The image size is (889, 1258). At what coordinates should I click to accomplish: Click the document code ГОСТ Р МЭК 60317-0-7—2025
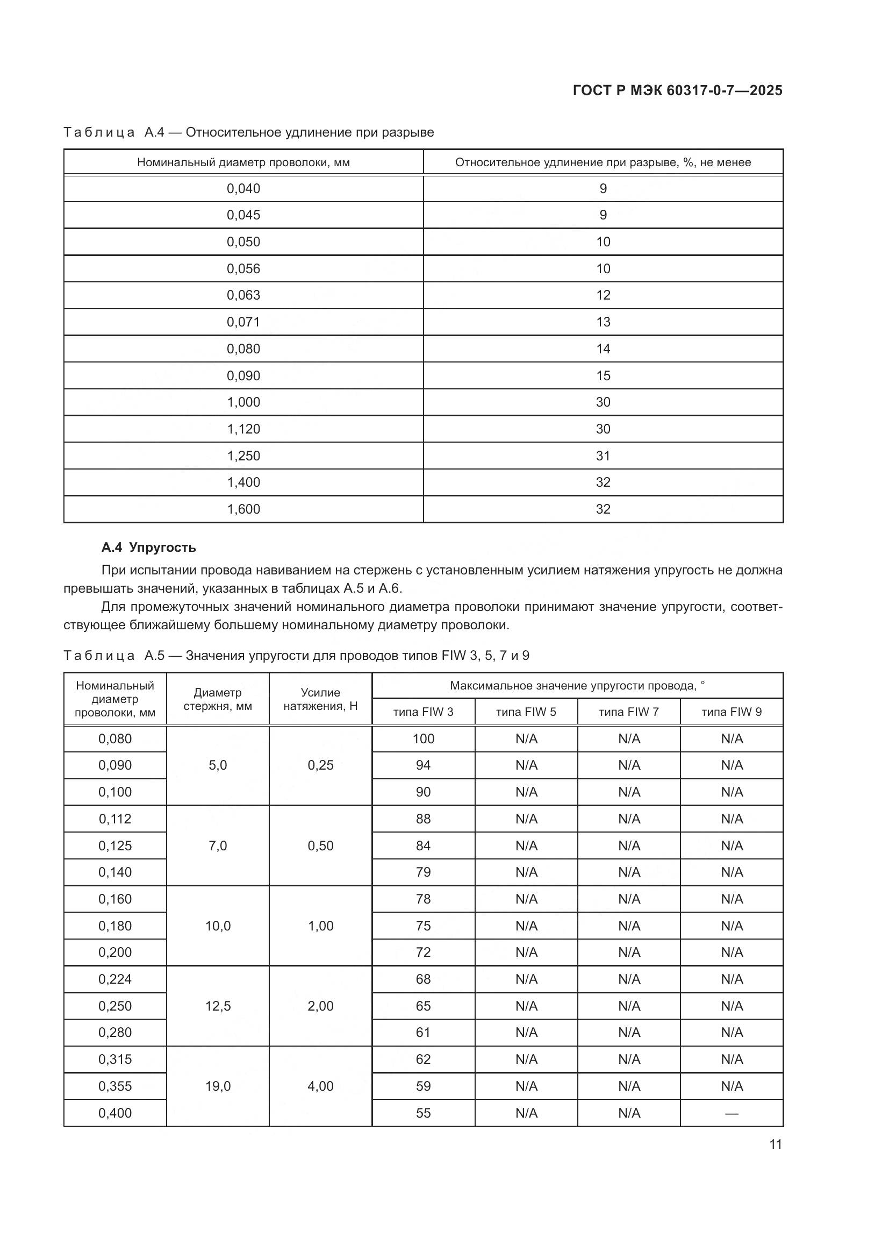677,90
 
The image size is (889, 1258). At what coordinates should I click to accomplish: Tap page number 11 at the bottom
775,1145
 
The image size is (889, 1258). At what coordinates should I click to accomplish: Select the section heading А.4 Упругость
148,548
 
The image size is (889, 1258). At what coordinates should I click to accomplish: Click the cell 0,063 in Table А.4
243,295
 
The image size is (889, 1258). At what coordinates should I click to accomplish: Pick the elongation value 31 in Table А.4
603,456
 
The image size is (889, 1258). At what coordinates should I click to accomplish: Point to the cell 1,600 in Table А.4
243,509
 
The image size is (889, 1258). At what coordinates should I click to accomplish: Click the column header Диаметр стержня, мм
217,699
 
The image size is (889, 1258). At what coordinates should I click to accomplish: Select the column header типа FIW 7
628,712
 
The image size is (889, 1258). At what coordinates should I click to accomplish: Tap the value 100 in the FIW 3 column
423,738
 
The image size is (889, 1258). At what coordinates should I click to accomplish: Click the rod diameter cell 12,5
217,1006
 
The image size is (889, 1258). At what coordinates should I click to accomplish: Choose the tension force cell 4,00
320,1086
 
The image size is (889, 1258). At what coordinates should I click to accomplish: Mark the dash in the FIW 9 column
732,1113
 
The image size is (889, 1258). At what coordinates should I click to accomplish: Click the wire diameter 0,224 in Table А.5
115,979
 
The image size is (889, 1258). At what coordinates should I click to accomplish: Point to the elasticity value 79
423,872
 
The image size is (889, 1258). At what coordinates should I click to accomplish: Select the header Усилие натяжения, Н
320,699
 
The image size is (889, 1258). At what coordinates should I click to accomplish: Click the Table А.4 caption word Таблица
99,133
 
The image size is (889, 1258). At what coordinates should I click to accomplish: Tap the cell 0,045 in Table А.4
243,215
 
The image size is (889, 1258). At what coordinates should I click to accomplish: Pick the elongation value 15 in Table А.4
603,376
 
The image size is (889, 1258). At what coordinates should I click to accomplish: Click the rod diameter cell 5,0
217,765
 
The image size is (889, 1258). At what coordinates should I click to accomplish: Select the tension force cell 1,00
320,926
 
